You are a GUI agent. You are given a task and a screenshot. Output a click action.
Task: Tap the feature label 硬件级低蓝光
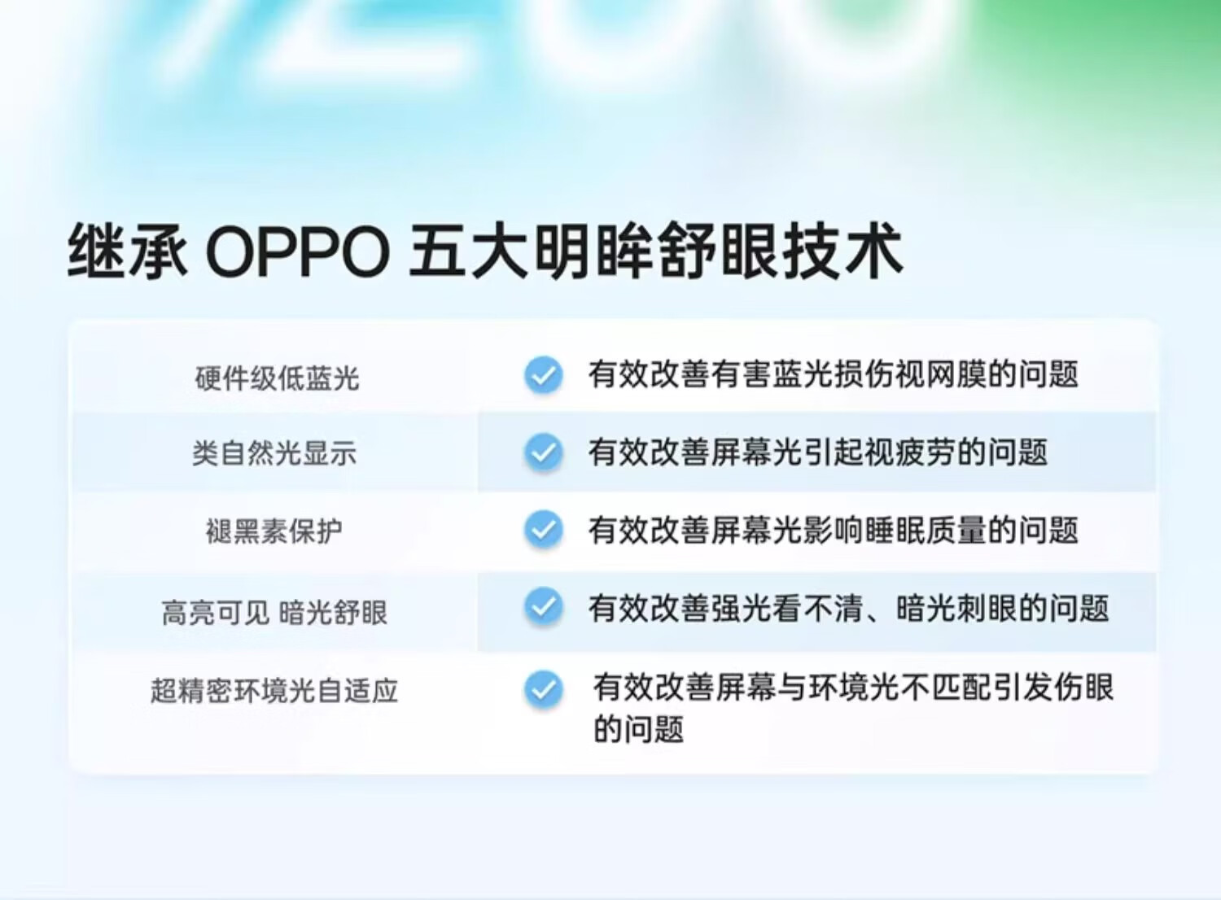pyautogui.click(x=277, y=378)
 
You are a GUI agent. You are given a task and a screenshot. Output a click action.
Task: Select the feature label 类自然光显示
pyautogui.click(x=274, y=453)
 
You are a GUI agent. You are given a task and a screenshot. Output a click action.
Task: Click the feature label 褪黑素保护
pyautogui.click(x=274, y=531)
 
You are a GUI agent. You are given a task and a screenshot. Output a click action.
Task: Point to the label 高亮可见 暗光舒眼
pyautogui.click(x=274, y=613)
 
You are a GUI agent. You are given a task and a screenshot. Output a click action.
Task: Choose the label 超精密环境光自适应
pyautogui.click(x=274, y=690)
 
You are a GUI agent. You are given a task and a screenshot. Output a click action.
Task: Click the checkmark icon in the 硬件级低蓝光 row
pyautogui.click(x=544, y=375)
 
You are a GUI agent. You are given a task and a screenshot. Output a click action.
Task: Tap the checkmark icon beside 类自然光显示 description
pyautogui.click(x=544, y=452)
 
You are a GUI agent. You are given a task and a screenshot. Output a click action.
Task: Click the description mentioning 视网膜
pyautogui.click(x=833, y=374)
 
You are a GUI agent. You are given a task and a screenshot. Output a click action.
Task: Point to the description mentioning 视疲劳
pyautogui.click(x=817, y=452)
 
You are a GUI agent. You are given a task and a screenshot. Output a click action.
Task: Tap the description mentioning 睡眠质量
pyautogui.click(x=833, y=530)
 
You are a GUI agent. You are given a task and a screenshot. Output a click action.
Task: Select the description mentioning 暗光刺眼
pyautogui.click(x=848, y=608)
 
